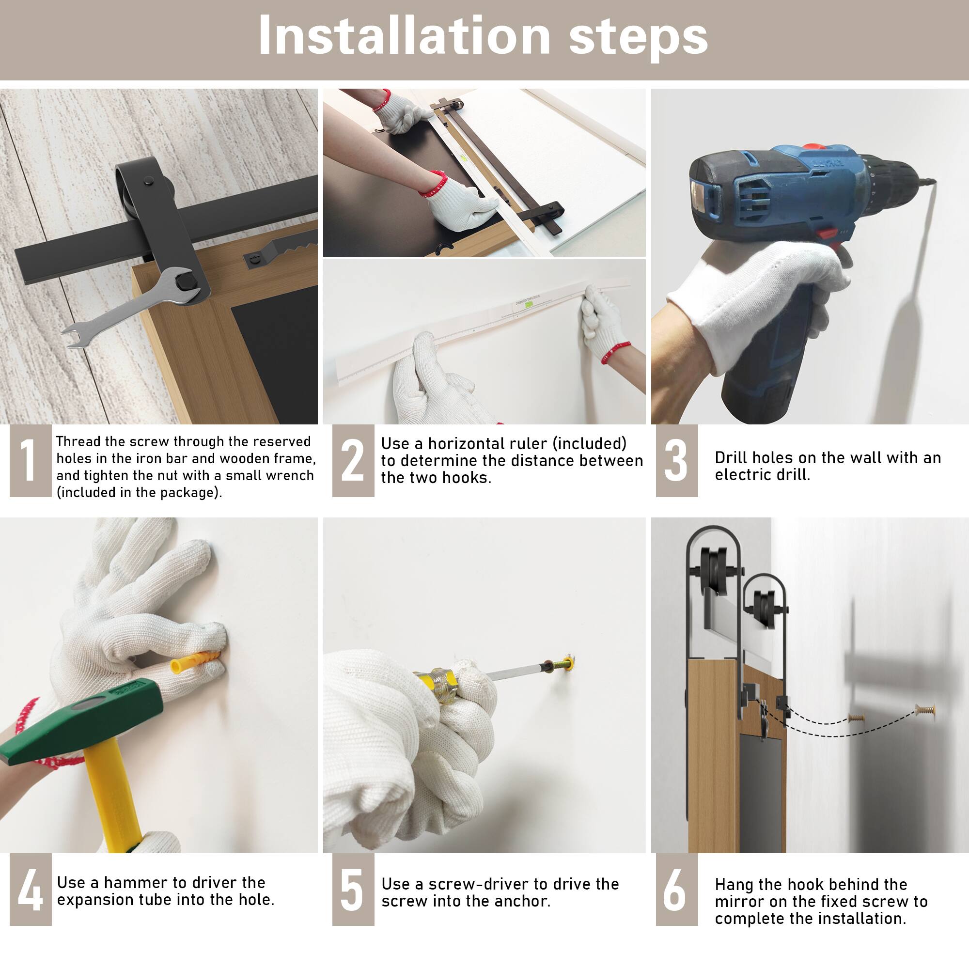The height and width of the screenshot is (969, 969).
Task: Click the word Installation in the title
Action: tap(404, 36)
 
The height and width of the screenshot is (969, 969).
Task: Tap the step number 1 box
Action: tap(31, 460)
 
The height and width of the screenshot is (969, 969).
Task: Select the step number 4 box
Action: tap(31, 889)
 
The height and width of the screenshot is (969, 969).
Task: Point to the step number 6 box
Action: tap(676, 889)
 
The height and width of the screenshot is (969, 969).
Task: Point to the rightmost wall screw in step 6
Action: tap(924, 710)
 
